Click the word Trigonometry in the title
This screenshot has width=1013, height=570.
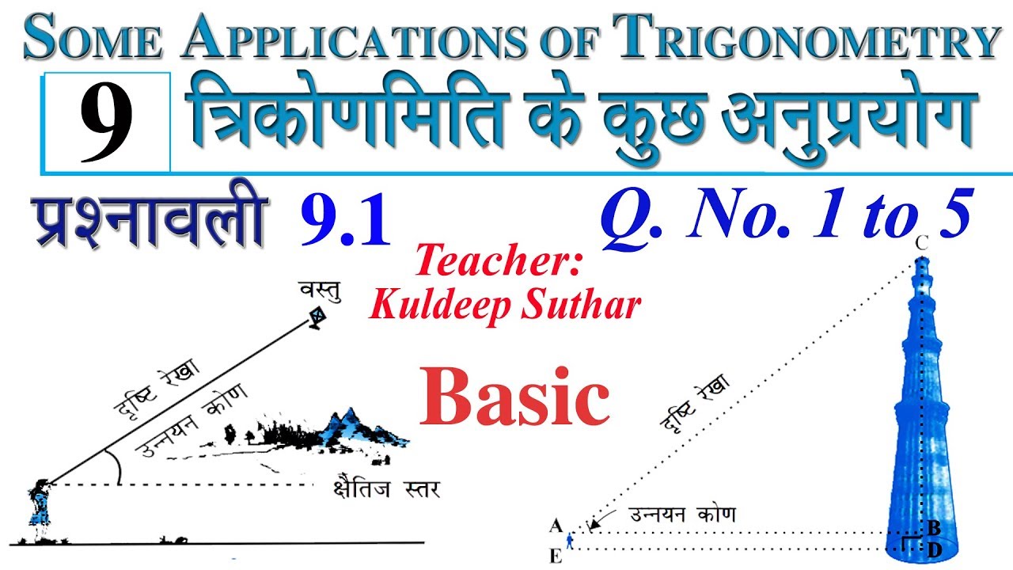[x=806, y=36]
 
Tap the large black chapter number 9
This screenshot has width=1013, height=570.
[x=107, y=122]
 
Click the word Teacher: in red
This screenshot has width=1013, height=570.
[x=498, y=260]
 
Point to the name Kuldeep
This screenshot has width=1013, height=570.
[x=440, y=306]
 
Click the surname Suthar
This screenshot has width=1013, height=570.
[x=581, y=305]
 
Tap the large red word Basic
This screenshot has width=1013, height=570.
[x=514, y=397]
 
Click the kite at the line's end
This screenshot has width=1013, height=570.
[x=318, y=318]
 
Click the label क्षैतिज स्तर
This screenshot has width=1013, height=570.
[x=387, y=488]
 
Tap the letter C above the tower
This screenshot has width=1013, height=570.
[x=922, y=244]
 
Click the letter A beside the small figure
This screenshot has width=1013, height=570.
[x=556, y=526]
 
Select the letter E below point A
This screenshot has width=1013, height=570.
[x=556, y=556]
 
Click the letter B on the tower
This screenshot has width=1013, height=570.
[x=934, y=528]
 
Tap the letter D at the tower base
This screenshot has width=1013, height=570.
[x=935, y=550]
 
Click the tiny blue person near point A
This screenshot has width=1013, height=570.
[x=569, y=541]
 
